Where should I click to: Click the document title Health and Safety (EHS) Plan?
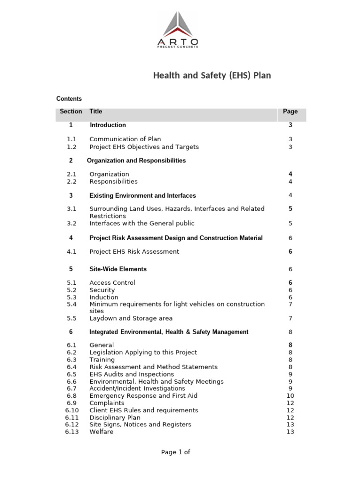coord(212,75)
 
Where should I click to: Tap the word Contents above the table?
coord(69,99)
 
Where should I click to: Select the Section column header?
coord(71,112)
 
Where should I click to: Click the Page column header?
coord(290,112)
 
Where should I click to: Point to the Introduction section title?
coord(108,125)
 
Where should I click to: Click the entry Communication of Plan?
coord(125,139)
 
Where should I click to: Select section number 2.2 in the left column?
coord(71,182)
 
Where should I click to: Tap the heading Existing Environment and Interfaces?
coord(142,195)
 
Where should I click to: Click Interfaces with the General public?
coord(141,224)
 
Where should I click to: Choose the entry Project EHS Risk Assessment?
coord(134,252)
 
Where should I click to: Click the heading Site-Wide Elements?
coord(118,269)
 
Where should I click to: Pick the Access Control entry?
coord(112,283)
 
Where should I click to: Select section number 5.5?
coord(71,319)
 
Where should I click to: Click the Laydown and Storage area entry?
coord(131,319)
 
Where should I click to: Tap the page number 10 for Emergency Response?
coord(290,396)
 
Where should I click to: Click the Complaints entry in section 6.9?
coord(107,403)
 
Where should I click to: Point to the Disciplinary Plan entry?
coord(115,418)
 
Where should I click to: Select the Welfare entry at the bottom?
coord(101,432)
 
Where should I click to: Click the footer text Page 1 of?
coord(175,452)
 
